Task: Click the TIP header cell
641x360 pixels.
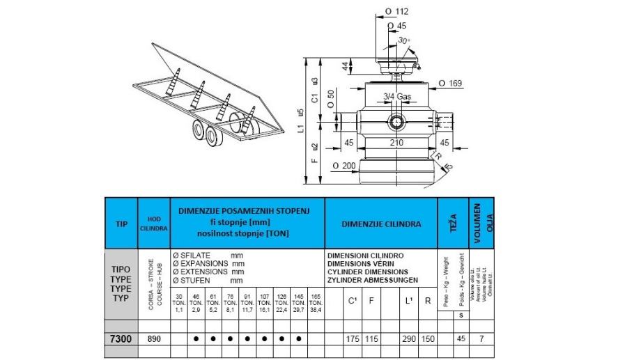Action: coord(121,224)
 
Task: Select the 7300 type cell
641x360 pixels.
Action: coord(121,338)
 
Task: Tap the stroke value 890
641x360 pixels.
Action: coord(153,338)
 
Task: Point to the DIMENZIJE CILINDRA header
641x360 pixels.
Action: coord(380,224)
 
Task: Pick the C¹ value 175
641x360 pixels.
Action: coord(353,338)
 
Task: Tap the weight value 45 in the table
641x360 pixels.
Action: coord(461,338)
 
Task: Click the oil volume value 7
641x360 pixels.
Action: coord(481,338)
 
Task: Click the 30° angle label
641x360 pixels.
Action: coord(403,40)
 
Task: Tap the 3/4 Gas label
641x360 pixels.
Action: coord(399,96)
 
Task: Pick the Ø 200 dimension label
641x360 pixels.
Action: coord(343,166)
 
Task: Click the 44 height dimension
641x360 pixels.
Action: coord(345,66)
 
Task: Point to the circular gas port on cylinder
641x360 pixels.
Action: coord(397,123)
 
